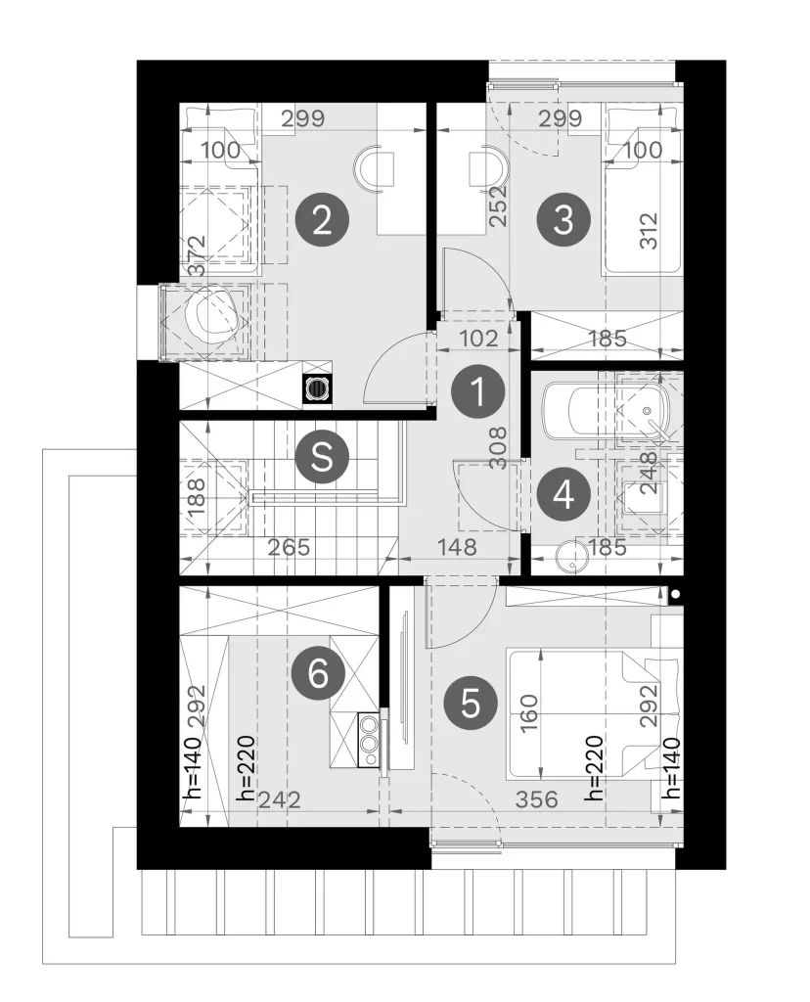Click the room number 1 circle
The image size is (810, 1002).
click(x=477, y=391)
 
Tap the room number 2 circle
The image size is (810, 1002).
click(x=322, y=220)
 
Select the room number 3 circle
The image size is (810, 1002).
click(x=563, y=219)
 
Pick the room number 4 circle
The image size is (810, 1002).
click(x=562, y=494)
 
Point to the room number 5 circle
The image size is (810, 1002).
click(x=471, y=703)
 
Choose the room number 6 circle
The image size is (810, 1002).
click(x=318, y=673)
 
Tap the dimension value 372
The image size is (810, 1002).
click(x=199, y=255)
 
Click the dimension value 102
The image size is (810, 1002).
click(x=478, y=338)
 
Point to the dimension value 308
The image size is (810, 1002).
click(x=499, y=448)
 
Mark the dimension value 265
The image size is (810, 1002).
click(x=289, y=547)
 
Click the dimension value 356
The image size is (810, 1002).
click(x=536, y=798)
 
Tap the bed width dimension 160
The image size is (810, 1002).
click(x=529, y=713)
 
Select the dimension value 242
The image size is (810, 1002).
click(x=279, y=799)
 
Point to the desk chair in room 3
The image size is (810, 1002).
click(x=488, y=167)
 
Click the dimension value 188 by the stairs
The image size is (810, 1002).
click(x=197, y=497)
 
